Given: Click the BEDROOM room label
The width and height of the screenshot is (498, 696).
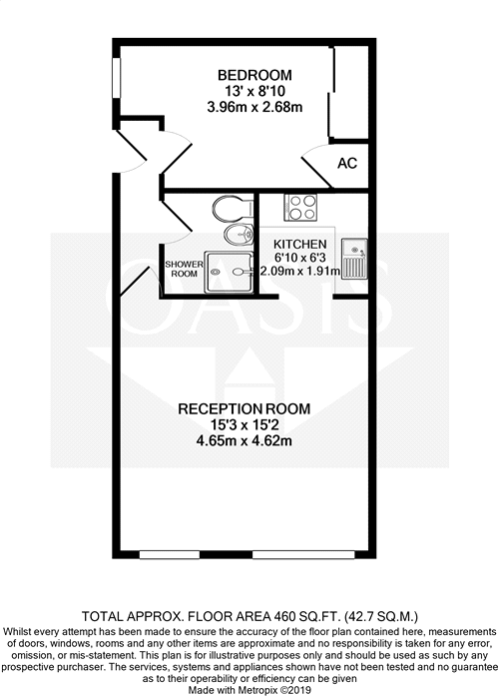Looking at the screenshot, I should (254, 75).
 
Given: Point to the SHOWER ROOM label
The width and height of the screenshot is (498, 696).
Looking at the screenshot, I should (184, 269).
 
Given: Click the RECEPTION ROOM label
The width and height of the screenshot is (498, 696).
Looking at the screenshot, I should (244, 408).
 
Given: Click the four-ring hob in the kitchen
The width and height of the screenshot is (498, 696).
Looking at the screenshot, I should (300, 208).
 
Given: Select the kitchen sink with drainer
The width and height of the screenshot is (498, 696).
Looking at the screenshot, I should (356, 258).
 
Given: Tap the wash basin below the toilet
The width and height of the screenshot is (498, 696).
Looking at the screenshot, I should (237, 236).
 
